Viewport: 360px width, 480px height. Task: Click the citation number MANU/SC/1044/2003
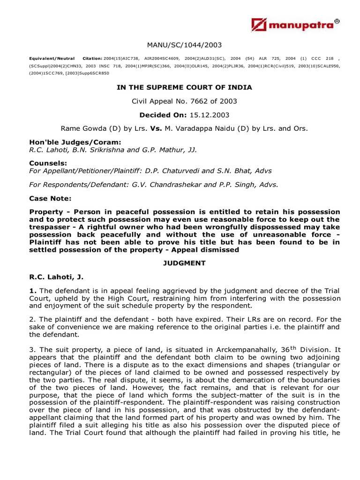tap(184, 45)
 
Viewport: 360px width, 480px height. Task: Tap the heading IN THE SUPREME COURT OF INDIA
tap(184, 87)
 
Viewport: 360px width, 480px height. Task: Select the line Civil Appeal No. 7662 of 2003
tap(184, 101)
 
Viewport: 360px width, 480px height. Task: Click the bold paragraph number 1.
tap(32, 292)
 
